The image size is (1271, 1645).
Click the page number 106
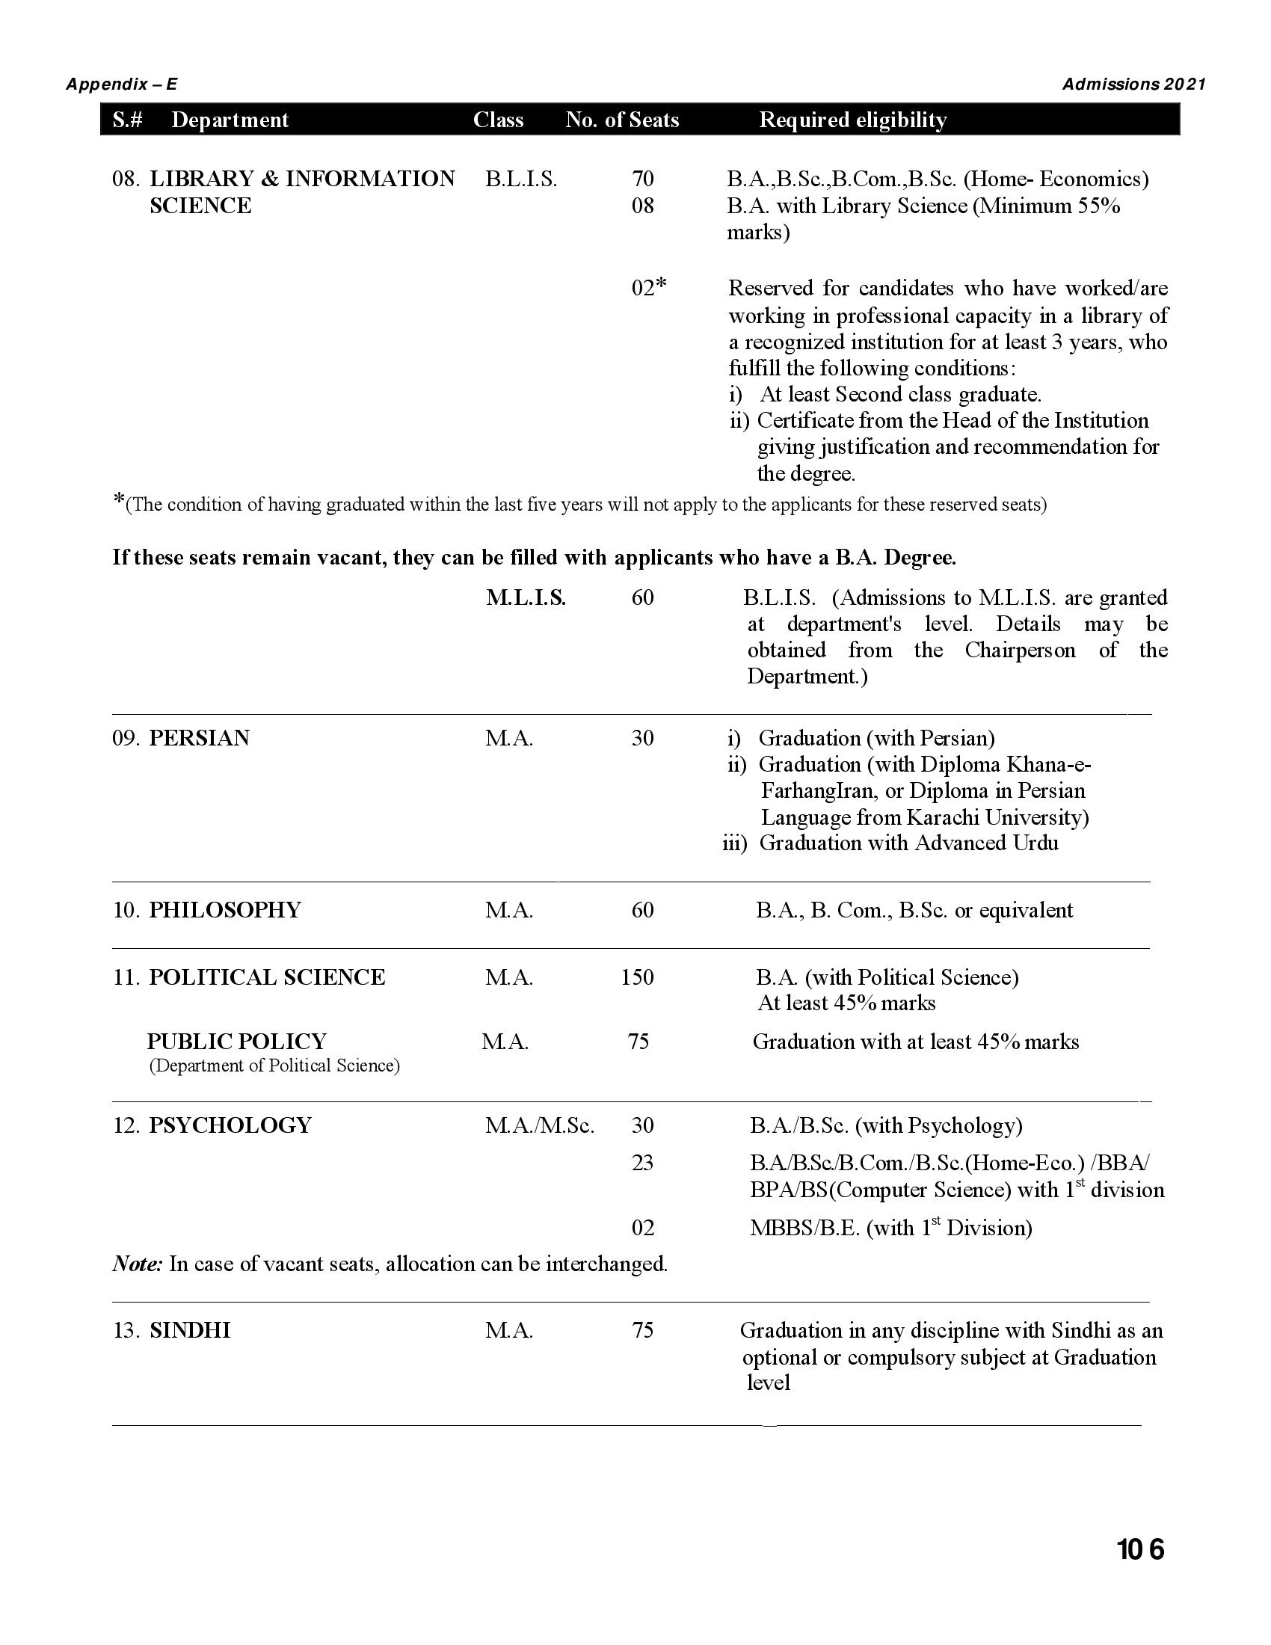[1140, 1550]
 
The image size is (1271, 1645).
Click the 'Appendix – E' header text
[122, 84]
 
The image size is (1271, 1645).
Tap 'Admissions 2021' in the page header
[1133, 84]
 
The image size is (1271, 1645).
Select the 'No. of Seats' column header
[622, 120]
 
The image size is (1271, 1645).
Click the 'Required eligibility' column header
[852, 120]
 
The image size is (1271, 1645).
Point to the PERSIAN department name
[199, 738]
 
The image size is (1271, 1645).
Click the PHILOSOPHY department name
[224, 910]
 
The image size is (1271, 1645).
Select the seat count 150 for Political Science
[637, 977]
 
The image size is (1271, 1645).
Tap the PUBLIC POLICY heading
[236, 1042]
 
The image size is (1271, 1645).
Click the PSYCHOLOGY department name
[230, 1125]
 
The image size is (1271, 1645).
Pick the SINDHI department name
[190, 1330]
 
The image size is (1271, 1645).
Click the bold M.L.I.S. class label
[526, 598]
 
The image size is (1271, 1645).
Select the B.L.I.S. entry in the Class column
[521, 179]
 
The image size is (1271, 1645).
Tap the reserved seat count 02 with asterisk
[648, 287]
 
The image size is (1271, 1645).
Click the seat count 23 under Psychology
[642, 1163]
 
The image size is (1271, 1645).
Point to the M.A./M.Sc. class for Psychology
[539, 1125]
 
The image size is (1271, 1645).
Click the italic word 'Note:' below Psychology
[137, 1263]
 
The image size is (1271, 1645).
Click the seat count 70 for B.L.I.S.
[642, 179]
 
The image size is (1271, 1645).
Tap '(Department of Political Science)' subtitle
[274, 1066]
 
